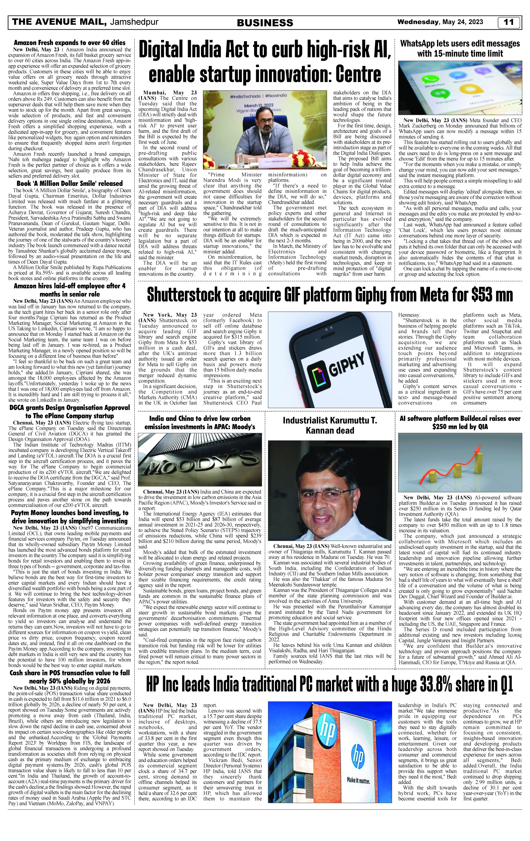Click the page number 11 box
pos(509,22)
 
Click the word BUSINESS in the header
pos(265,23)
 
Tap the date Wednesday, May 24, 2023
pos(440,22)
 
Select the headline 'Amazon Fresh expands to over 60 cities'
pos(70,43)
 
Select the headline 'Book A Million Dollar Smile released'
pos(70,183)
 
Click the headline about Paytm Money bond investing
pos(70,517)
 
